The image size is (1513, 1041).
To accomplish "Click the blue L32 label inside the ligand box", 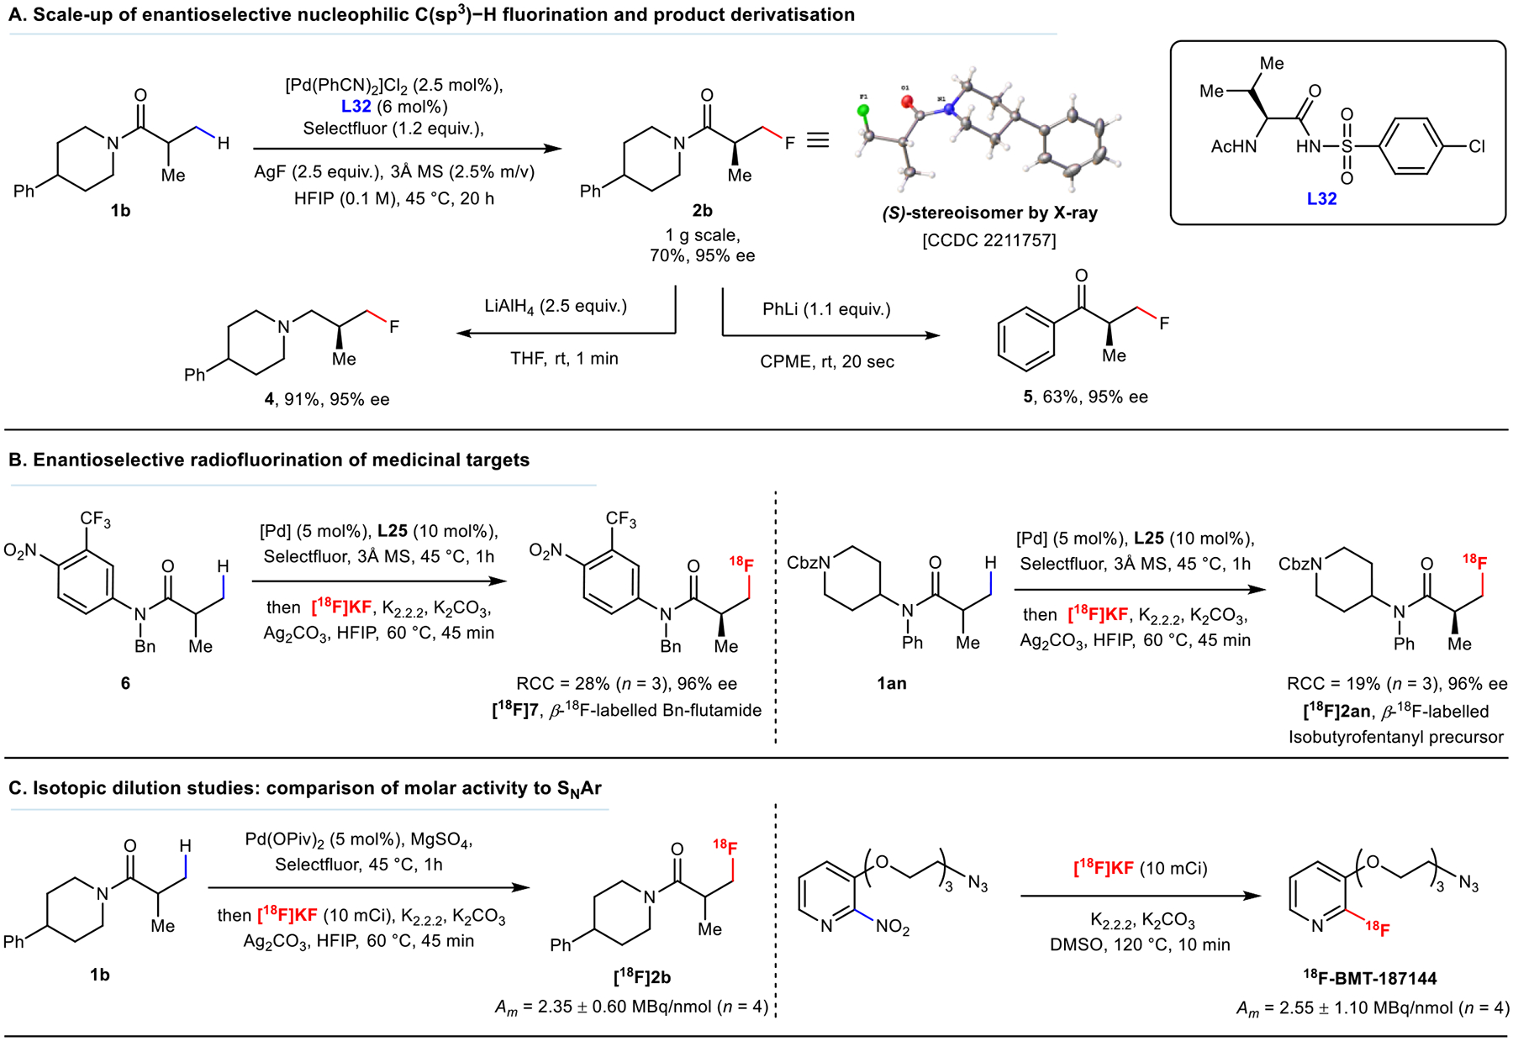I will tap(1321, 198).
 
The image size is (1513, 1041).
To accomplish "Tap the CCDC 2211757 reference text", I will tap(989, 240).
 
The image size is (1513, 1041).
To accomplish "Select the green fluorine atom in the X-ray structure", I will tap(863, 111).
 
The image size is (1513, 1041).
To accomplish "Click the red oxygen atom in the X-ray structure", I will tap(907, 102).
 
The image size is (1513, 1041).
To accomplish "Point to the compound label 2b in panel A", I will tap(702, 211).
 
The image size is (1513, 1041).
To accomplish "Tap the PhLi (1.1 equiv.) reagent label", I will tap(826, 309).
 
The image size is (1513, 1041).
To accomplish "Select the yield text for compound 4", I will tap(327, 399).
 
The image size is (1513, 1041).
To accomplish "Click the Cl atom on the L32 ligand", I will tap(1477, 146).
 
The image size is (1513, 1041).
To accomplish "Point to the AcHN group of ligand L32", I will tap(1233, 147).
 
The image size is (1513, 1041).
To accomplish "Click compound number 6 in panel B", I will tap(125, 683).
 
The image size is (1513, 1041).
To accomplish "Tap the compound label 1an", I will tap(892, 683).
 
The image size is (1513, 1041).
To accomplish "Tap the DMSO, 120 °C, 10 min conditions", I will tap(1140, 945).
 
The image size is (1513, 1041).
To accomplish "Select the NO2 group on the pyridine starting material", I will tap(893, 928).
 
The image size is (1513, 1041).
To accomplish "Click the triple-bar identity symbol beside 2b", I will tap(818, 140).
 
